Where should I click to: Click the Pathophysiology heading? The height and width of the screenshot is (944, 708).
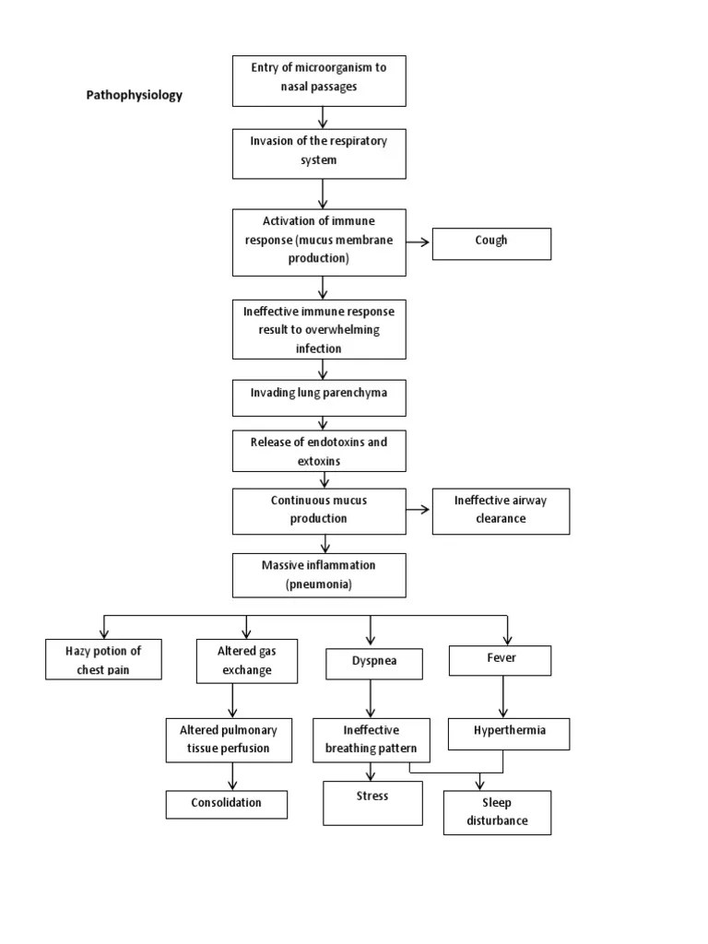click(x=135, y=95)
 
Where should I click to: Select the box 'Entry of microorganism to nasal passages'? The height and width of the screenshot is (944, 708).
click(x=318, y=80)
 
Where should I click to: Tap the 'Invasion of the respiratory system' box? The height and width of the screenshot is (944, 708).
click(x=318, y=153)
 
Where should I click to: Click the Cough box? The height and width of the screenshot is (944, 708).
click(x=491, y=243)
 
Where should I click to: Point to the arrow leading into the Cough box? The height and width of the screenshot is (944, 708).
click(x=418, y=243)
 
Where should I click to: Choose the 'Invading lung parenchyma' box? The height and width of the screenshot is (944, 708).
click(x=318, y=395)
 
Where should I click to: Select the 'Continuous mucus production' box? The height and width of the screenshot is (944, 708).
click(x=318, y=511)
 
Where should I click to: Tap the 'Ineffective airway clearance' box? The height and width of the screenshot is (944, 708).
click(x=501, y=511)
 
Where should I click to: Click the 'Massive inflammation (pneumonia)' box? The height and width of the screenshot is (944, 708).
click(x=318, y=574)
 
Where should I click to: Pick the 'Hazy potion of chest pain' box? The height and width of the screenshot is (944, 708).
click(x=103, y=660)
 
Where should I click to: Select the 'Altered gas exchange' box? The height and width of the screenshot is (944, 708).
click(x=247, y=661)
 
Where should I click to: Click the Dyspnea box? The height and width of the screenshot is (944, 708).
click(x=373, y=664)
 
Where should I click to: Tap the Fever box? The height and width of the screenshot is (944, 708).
click(x=500, y=661)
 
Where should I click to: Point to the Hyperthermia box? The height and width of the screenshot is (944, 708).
click(x=508, y=733)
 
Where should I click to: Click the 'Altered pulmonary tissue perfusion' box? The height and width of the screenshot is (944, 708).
click(x=229, y=739)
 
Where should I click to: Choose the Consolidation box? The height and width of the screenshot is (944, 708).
click(x=227, y=804)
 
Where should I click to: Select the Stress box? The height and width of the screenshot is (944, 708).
click(x=372, y=802)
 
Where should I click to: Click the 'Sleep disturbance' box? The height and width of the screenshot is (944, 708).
click(x=497, y=812)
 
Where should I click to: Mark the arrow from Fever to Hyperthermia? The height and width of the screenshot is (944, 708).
click(x=502, y=697)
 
